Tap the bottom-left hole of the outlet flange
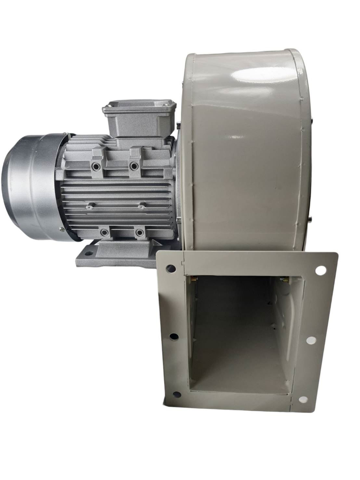177,395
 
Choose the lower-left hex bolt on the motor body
105,232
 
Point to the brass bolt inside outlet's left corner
195,279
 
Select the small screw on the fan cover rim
61,230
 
